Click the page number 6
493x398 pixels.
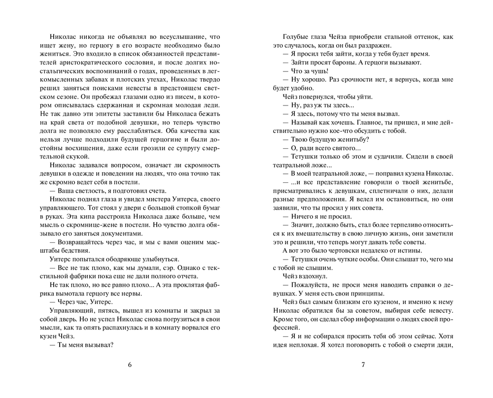pos(130,365)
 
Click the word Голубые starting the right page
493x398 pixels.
pos(296,37)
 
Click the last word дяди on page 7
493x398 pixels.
pos(445,344)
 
